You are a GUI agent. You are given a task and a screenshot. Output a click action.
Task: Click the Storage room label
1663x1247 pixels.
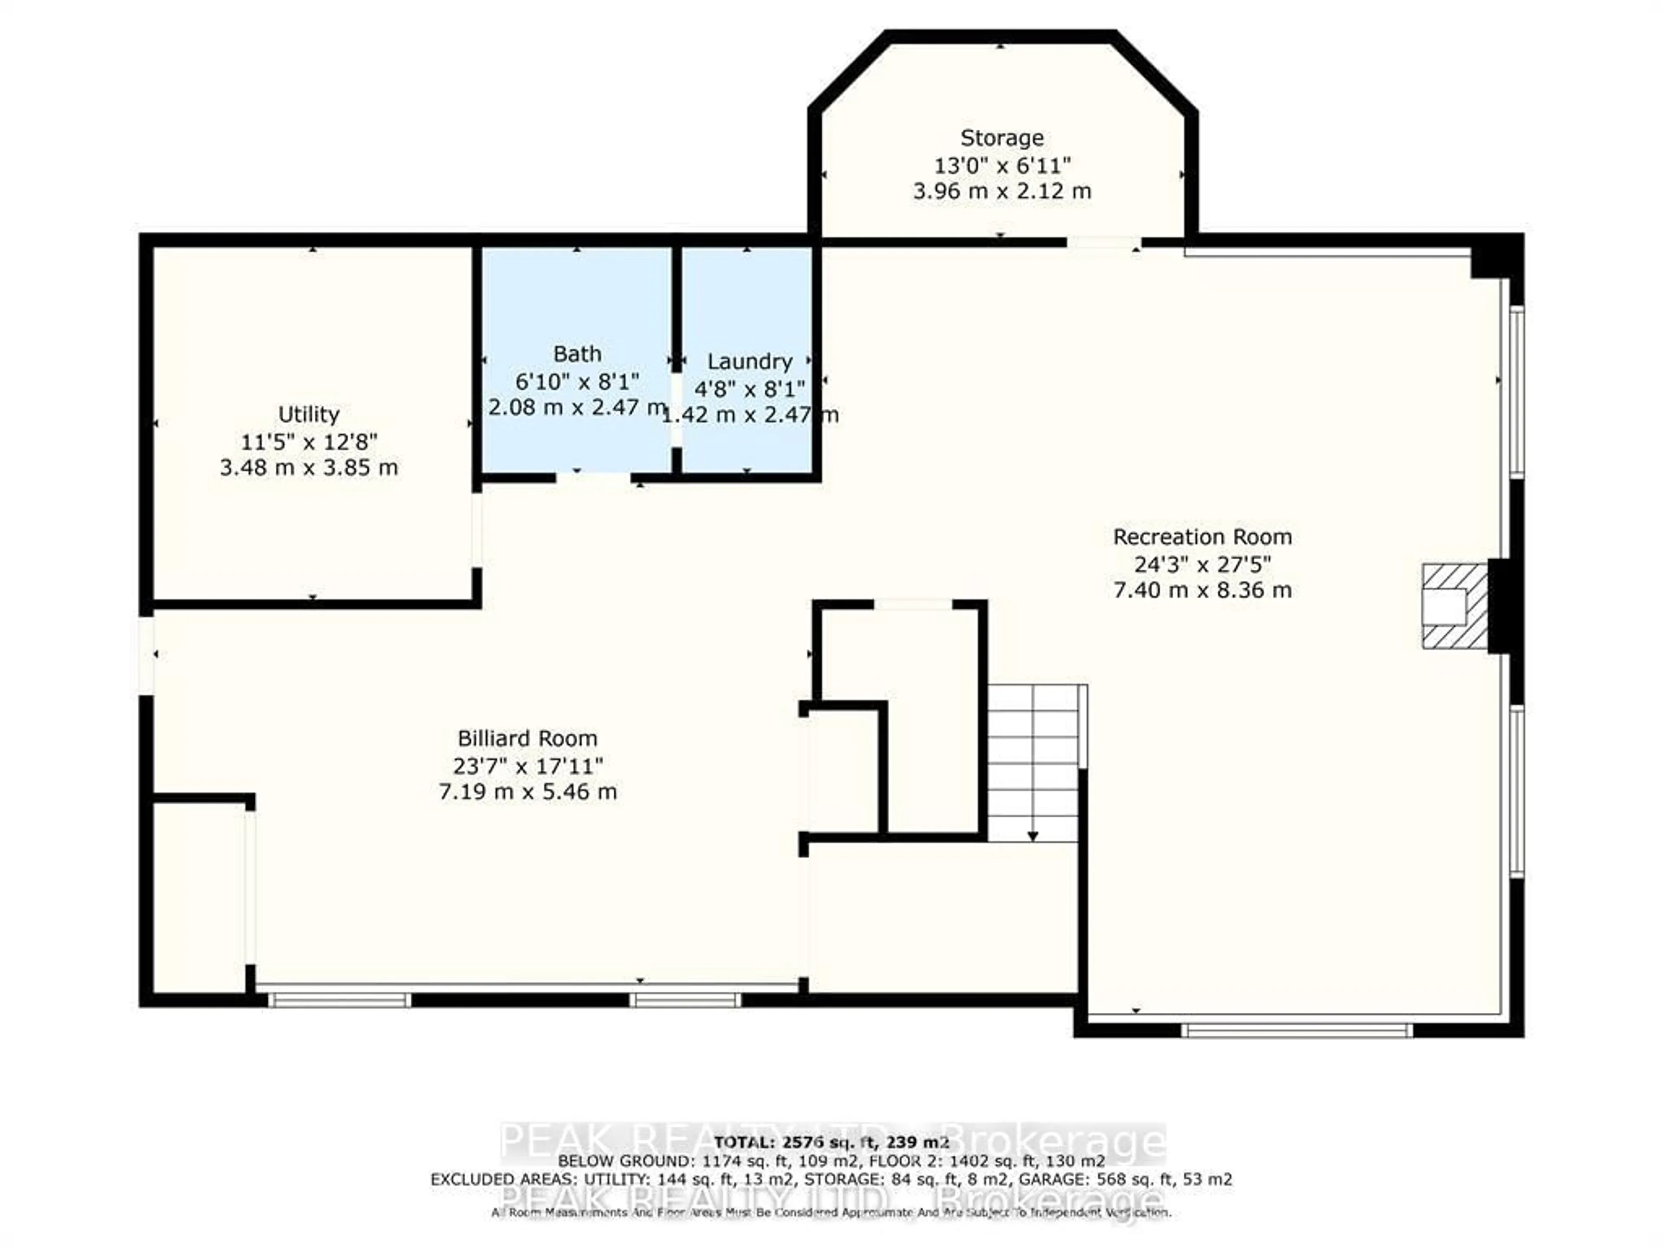pos(1001,138)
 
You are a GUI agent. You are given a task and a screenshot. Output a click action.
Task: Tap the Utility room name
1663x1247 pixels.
pos(308,414)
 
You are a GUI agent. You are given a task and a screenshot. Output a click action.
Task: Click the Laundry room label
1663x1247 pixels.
pos(750,362)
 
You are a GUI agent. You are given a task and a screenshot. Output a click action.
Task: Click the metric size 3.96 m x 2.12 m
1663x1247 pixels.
pos(1001,191)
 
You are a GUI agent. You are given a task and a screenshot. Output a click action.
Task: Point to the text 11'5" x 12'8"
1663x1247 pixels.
pos(308,441)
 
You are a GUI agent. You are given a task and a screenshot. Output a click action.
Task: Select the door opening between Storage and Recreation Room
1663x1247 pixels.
pos(1103,242)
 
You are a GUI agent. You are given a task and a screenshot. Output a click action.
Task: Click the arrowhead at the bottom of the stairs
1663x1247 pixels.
pos(1033,836)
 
